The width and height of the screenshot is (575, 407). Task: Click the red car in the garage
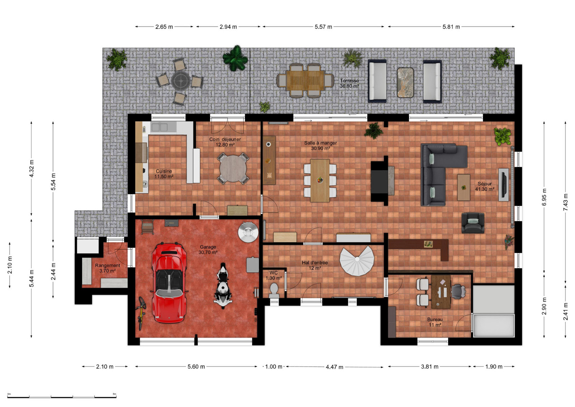[x=169, y=283]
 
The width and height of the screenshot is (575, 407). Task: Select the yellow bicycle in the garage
[x=141, y=313]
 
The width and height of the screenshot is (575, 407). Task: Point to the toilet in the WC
[x=274, y=291]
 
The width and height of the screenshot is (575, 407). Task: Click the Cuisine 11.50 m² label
[x=164, y=174]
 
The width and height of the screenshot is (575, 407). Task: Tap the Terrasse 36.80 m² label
[x=349, y=83]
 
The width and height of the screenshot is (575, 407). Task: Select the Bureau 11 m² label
[x=435, y=322]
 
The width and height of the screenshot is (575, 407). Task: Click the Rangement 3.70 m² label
[x=107, y=268]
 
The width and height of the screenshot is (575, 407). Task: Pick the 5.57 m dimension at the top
[x=323, y=27]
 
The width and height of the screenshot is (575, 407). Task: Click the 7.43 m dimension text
[x=566, y=202]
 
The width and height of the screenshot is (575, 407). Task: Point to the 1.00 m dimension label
[x=273, y=367]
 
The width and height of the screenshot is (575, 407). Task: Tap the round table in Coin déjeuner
[x=233, y=169]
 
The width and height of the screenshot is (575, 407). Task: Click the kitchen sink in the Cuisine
[x=159, y=127]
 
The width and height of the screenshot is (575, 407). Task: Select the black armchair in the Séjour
[x=473, y=223]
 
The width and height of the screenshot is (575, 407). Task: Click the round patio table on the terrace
[x=181, y=81]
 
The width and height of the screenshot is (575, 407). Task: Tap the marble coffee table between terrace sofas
[x=405, y=82]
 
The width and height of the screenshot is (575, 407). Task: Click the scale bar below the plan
[x=62, y=397]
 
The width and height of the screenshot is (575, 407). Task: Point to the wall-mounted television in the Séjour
[x=503, y=185]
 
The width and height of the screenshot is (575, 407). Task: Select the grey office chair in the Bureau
[x=458, y=292]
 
